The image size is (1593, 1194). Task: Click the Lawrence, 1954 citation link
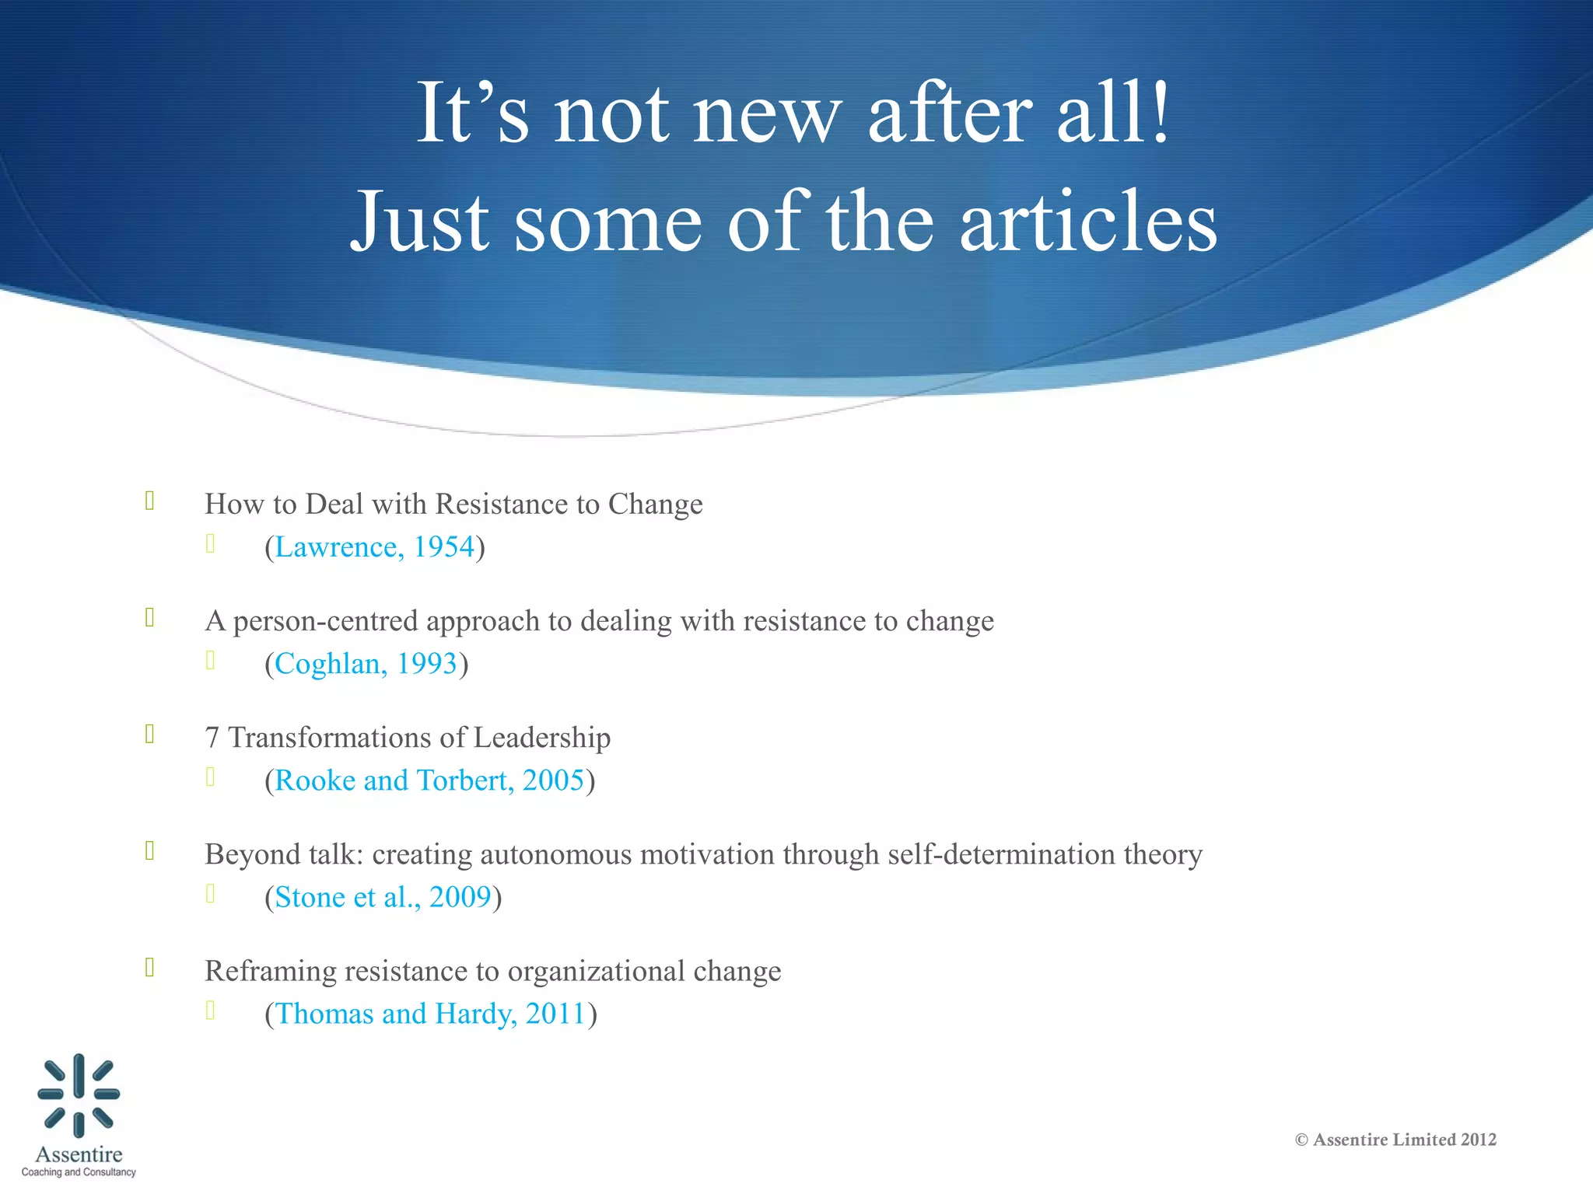(x=374, y=547)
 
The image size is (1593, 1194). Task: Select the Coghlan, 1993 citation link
(x=366, y=664)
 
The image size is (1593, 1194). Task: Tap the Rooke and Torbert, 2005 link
(x=429, y=780)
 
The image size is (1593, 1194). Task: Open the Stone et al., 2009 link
(x=383, y=897)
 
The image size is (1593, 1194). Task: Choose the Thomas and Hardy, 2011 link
(x=430, y=1014)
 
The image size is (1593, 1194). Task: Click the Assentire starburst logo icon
(x=79, y=1094)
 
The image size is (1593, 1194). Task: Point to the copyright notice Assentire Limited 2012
(x=1395, y=1140)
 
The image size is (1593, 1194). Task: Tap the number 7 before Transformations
(x=212, y=738)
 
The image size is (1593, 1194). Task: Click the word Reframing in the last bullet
(x=270, y=972)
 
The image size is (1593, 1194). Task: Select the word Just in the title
(x=420, y=222)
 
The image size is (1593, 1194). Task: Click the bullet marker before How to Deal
(x=150, y=501)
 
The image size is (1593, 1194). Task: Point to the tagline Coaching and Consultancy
(x=79, y=1172)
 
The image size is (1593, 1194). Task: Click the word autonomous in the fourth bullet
(x=555, y=854)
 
